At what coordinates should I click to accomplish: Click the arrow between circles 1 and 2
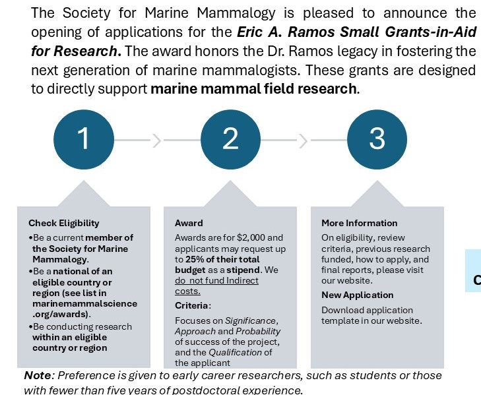157,140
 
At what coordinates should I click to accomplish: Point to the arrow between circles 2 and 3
304,140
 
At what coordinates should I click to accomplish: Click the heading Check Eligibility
64,223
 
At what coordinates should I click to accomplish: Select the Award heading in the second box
189,223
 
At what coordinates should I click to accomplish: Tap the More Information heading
360,223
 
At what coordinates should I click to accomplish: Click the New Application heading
357,295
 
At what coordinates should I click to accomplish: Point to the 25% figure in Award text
195,259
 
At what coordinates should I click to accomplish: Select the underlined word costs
187,291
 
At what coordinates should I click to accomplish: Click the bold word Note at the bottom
38,375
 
